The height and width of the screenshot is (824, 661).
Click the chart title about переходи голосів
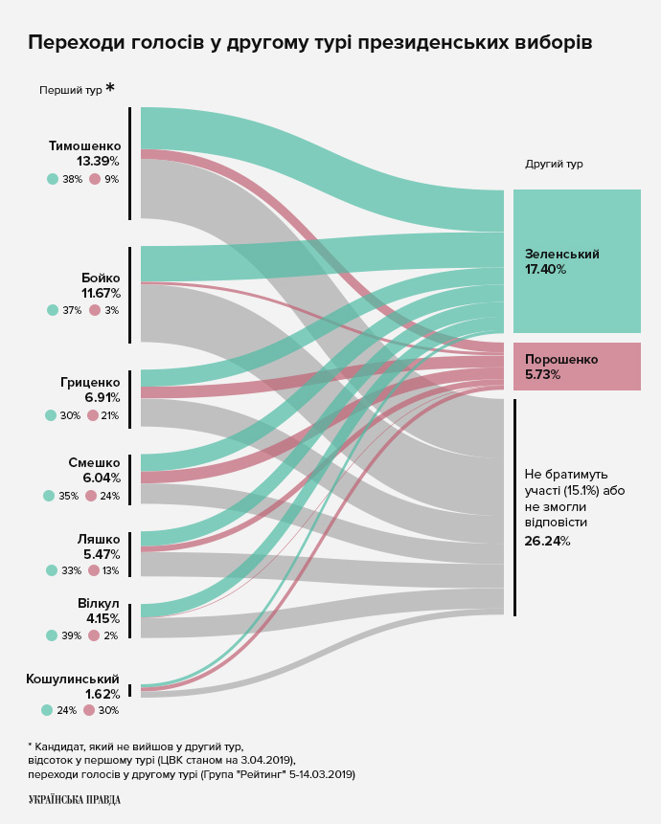click(x=309, y=43)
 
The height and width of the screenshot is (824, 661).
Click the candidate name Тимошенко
click(x=84, y=145)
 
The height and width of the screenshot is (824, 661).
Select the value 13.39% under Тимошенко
click(x=98, y=161)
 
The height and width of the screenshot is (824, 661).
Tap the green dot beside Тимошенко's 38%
click(x=53, y=179)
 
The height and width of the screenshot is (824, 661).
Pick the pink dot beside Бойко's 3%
click(x=95, y=310)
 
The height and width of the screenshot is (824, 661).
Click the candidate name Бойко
click(x=101, y=278)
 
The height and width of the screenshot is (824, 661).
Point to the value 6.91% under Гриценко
click(x=102, y=397)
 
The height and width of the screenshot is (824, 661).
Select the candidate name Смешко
click(x=94, y=462)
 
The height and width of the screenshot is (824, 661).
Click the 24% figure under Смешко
click(x=109, y=496)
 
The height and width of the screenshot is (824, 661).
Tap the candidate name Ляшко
click(x=99, y=539)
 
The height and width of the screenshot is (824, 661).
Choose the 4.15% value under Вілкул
click(x=102, y=619)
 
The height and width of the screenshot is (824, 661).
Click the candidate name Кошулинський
click(x=73, y=679)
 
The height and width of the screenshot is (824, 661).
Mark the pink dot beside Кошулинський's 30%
click(x=89, y=710)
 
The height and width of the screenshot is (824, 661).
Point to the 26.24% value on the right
click(x=547, y=541)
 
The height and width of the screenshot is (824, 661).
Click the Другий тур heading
click(x=554, y=164)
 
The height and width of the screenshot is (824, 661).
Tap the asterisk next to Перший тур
click(x=110, y=88)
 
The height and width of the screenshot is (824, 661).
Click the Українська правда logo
click(x=75, y=799)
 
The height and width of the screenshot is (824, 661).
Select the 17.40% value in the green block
click(x=545, y=270)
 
